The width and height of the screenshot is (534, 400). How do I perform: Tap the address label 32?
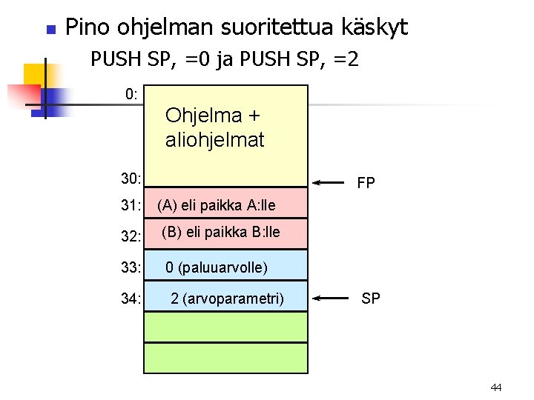131,236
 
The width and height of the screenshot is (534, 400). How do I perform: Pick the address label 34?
131,299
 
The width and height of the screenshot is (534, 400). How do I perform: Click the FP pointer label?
366,182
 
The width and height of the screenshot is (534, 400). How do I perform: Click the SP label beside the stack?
371,299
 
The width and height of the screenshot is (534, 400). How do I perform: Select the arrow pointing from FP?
331,181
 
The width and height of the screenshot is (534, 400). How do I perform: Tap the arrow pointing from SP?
331,299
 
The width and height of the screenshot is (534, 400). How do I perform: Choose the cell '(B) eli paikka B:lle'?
220,232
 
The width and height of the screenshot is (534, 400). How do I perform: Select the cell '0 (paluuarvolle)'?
216,267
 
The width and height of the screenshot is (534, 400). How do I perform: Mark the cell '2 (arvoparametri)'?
227,299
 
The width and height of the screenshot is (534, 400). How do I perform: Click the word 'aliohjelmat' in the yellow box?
214,140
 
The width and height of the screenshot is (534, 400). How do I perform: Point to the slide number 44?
496,387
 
